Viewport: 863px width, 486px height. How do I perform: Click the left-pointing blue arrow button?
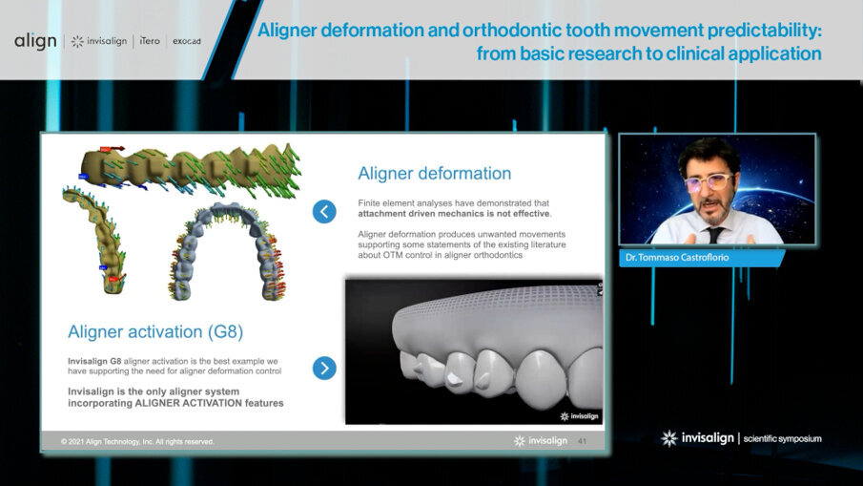pyautogui.click(x=324, y=212)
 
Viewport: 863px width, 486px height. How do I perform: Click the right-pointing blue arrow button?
pyautogui.click(x=324, y=368)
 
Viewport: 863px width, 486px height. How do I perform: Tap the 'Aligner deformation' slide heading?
pyautogui.click(x=434, y=174)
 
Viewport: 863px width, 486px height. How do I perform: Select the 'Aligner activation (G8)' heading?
pyautogui.click(x=155, y=332)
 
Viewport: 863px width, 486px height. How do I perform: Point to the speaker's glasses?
pyautogui.click(x=707, y=180)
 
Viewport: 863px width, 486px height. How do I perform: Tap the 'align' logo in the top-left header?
pyautogui.click(x=35, y=41)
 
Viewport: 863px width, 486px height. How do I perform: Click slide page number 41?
pyautogui.click(x=583, y=441)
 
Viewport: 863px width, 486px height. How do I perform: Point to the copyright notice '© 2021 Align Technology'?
pyautogui.click(x=137, y=442)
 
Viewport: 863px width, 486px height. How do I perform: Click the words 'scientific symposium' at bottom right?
pyautogui.click(x=782, y=438)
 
